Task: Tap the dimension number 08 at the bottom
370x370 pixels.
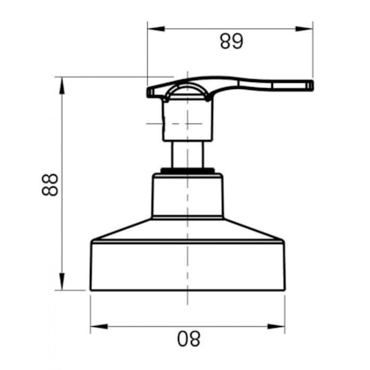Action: pyautogui.click(x=189, y=337)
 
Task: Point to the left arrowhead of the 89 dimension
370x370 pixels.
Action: pyautogui.click(x=152, y=29)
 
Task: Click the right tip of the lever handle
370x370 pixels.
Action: pyautogui.click(x=310, y=85)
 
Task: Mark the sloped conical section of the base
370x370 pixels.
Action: pyautogui.click(x=187, y=228)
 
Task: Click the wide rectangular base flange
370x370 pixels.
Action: pyautogui.click(x=187, y=264)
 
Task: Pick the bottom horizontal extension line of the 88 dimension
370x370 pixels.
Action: pyautogui.click(x=75, y=289)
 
